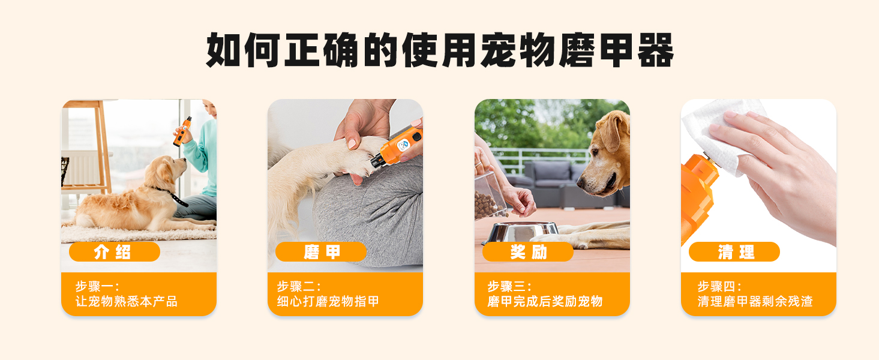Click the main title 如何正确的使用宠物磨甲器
click(440, 50)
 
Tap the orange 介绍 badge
click(115, 251)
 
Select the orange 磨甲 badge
click(321, 251)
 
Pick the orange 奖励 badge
click(528, 251)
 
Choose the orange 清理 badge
click(734, 251)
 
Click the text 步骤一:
click(97, 286)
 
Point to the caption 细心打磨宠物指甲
click(328, 301)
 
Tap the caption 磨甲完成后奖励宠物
click(545, 301)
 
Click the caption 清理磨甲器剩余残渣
click(755, 301)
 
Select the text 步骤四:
click(719, 286)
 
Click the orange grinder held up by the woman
click(182, 131)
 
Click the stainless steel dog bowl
click(521, 232)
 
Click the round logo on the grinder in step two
click(403, 146)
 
